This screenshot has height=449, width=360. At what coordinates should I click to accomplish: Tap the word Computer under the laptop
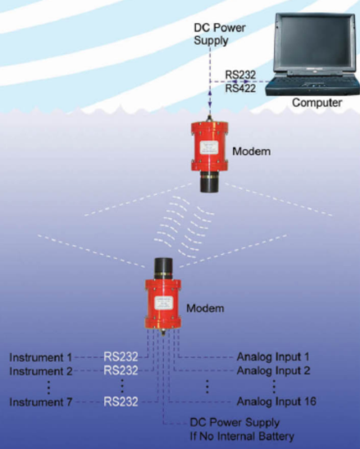coord(317,102)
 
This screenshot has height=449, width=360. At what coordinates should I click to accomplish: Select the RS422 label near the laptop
coord(240,88)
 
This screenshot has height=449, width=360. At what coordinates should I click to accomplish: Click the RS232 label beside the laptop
coord(240,75)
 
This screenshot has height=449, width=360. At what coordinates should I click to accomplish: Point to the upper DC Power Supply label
coord(220,34)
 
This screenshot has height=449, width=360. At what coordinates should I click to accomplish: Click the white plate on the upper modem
coord(209,148)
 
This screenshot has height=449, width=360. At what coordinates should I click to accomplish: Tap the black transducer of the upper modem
coord(209,182)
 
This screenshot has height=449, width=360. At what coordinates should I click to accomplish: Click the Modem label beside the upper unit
coord(252,152)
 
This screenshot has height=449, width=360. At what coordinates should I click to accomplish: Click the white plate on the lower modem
coord(164,303)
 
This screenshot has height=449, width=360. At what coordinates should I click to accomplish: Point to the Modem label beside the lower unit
coord(205,308)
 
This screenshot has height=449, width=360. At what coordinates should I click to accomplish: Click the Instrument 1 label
coord(40,357)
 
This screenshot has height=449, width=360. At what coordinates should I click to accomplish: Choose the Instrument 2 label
coord(41,371)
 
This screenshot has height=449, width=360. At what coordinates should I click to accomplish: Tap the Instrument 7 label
coord(40,402)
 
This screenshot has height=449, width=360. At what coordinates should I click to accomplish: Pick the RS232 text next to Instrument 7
coord(121,401)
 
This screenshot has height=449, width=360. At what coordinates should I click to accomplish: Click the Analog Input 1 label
coord(273,356)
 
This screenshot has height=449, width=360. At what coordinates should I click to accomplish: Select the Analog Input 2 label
coord(273,370)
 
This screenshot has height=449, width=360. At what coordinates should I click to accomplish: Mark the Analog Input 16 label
coord(276,401)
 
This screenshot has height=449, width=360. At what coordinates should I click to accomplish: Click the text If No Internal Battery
coord(242,437)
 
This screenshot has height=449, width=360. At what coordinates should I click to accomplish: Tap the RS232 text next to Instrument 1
coord(121,356)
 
